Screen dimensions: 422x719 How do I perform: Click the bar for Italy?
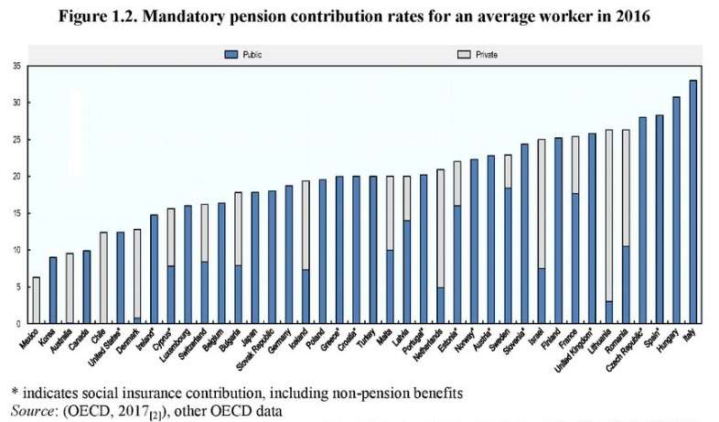coord(692,201)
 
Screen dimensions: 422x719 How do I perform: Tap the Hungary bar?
coord(676,210)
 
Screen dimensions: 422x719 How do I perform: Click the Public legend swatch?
coord(231,55)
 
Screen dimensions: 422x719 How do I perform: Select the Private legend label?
coord(487,55)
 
